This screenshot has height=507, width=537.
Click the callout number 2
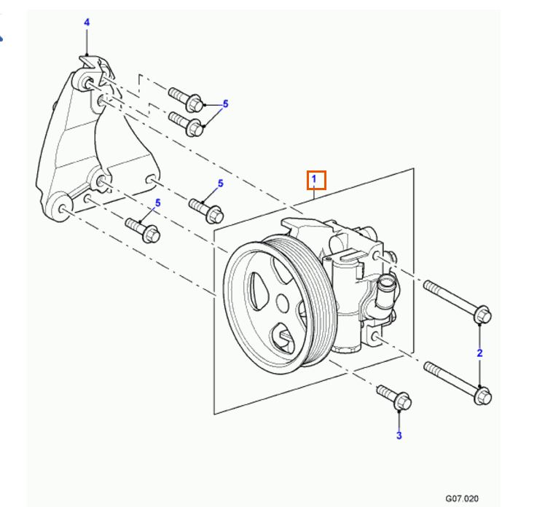pyautogui.click(x=479, y=353)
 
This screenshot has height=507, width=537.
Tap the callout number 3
pyautogui.click(x=399, y=436)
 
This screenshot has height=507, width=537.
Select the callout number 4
pyautogui.click(x=87, y=23)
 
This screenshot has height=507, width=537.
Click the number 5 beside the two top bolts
pyautogui.click(x=225, y=104)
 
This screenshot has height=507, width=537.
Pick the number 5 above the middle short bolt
pyautogui.click(x=219, y=184)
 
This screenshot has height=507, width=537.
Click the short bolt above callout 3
pyautogui.click(x=395, y=398)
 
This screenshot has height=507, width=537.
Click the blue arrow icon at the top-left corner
pyautogui.click(x=4, y=32)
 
